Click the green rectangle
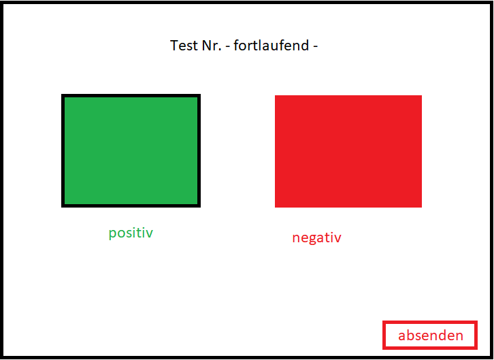tap(131, 150)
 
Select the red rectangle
tap(348, 151)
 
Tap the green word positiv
tap(131, 233)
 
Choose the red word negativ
tap(316, 238)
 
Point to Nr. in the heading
tap(211, 46)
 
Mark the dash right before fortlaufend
tap(228, 46)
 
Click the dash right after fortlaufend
tap(315, 46)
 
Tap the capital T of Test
tap(174, 46)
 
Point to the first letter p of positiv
tap(112, 235)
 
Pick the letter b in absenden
tap(411, 335)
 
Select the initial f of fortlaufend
tap(236, 46)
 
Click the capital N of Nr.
tap(206, 46)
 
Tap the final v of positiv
tap(150, 234)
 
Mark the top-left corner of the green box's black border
tap(61, 94)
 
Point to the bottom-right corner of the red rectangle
tap(422, 208)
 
